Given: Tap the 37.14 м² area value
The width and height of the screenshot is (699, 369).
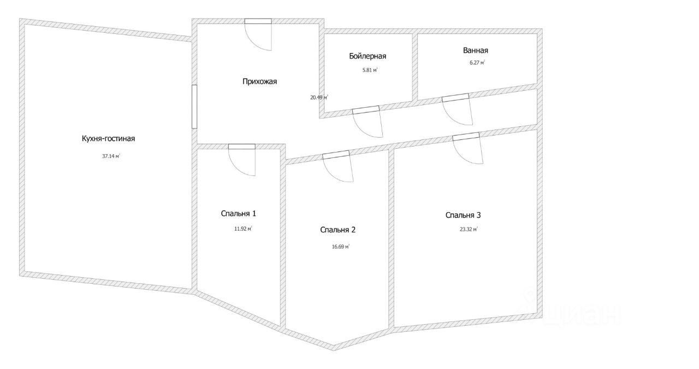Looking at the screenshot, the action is (111, 156).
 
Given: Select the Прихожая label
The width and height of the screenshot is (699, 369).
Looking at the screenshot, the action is (260, 81).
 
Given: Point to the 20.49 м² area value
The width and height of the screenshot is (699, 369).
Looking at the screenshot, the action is (319, 97).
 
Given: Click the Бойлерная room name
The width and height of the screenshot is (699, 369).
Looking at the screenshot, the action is (368, 56).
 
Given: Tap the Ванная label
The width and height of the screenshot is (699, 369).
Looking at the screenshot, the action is (475, 50).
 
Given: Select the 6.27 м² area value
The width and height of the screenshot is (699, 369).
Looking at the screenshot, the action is (473, 62).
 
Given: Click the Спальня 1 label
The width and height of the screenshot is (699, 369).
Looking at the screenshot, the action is (238, 213).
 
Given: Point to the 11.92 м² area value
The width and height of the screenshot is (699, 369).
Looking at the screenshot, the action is (242, 229).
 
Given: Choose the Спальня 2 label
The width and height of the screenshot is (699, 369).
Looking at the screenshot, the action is (338, 230).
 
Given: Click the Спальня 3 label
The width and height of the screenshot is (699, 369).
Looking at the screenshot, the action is (463, 215).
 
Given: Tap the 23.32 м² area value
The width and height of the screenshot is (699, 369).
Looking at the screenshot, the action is (469, 230).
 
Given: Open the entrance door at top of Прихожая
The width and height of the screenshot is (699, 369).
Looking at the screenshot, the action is (258, 34).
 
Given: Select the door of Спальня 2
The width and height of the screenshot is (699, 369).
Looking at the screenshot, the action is (338, 167).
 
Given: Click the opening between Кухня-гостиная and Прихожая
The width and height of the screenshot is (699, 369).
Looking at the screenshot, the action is (194, 107).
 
